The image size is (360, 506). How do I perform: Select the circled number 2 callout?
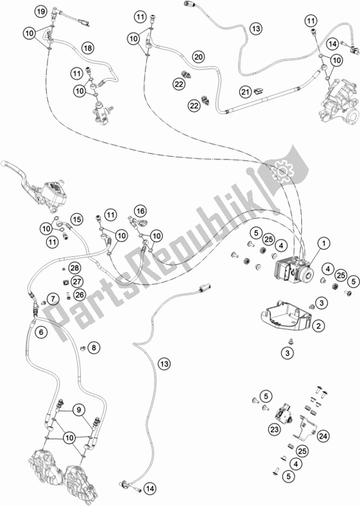pos(320,325)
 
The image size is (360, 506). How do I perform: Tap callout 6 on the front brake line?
pos(40,331)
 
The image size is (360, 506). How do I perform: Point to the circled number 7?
pos(54,298)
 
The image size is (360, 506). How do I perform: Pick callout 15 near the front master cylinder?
pos(77,219)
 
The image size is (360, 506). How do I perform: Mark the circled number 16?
pos(140,211)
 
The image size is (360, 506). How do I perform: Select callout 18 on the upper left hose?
pos(87,48)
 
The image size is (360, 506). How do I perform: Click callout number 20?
pos(198,57)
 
